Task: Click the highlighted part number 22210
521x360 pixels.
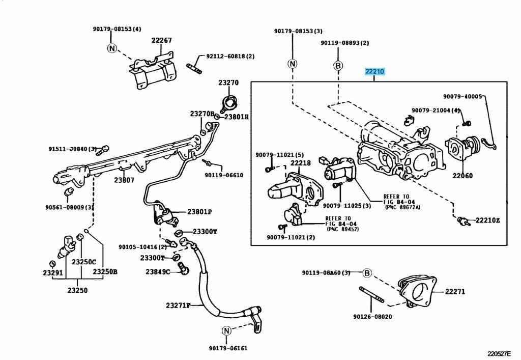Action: pyautogui.click(x=374, y=72)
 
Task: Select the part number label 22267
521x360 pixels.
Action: pyautogui.click(x=161, y=40)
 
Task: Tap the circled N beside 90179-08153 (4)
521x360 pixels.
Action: pyautogui.click(x=112, y=48)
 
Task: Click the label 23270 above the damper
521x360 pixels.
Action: pyautogui.click(x=228, y=82)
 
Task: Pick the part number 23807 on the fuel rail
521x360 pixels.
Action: pyautogui.click(x=124, y=180)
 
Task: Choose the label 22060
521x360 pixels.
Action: pyautogui.click(x=462, y=176)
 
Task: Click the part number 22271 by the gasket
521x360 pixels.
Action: pyautogui.click(x=455, y=292)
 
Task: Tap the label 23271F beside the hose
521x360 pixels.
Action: pyautogui.click(x=178, y=306)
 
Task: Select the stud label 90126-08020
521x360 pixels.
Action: pyautogui.click(x=372, y=316)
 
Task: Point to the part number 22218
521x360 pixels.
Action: pyautogui.click(x=300, y=163)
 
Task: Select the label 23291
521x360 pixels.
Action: pyautogui.click(x=52, y=273)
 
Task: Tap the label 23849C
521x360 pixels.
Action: pyautogui.click(x=158, y=271)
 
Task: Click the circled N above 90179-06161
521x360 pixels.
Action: pyautogui.click(x=227, y=331)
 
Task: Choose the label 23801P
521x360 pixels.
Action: pyautogui.click(x=199, y=212)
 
